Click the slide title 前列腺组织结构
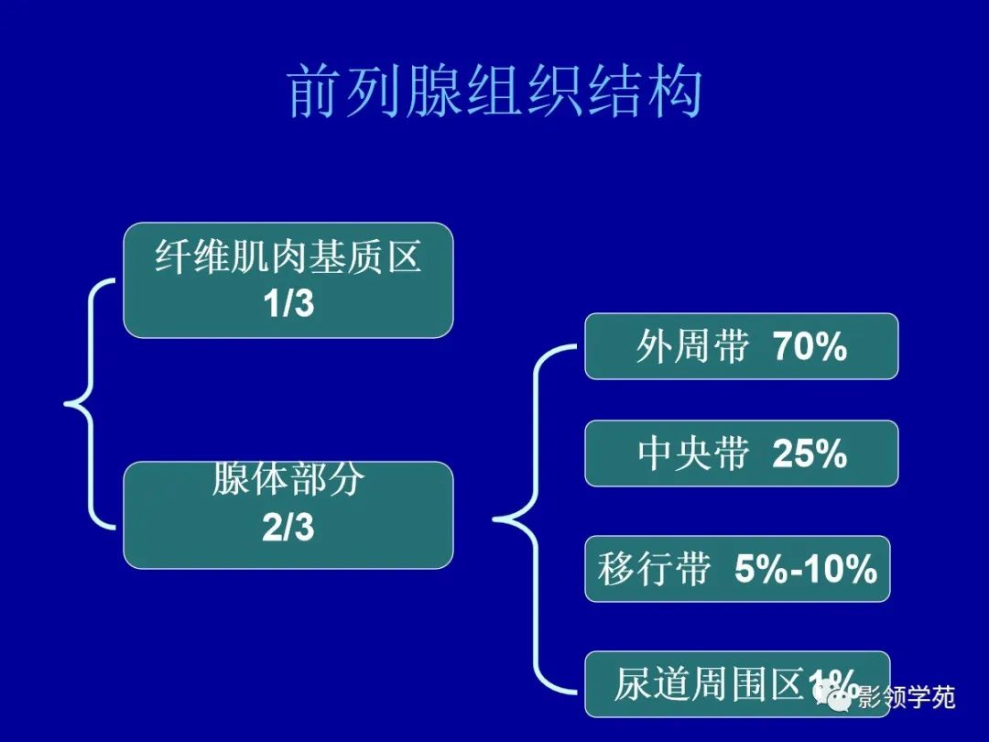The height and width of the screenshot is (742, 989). [494, 92]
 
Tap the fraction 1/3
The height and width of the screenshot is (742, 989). [288, 304]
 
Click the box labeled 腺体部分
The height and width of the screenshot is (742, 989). [288, 515]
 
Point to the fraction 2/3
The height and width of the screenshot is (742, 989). [288, 529]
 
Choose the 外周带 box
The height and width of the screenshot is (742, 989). [741, 346]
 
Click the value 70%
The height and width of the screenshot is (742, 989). [810, 347]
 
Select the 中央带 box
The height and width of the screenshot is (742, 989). [741, 453]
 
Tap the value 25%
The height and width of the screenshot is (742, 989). [810, 454]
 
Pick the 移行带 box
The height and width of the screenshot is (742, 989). [737, 569]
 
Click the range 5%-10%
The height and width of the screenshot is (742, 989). [806, 570]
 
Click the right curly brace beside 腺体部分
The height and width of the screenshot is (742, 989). [531, 520]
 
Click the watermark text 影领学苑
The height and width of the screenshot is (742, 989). [907, 699]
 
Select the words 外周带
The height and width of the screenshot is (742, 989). [692, 347]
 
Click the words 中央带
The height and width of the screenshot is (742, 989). [693, 454]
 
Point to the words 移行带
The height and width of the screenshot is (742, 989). [654, 570]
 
